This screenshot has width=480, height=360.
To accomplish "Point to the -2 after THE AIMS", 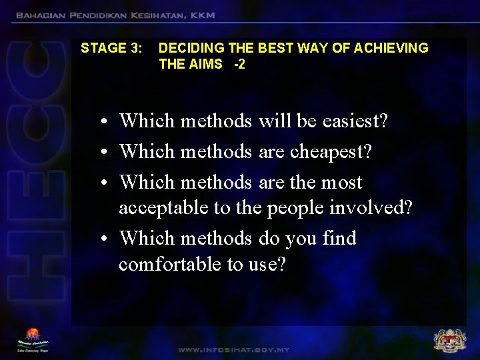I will coord(239,65).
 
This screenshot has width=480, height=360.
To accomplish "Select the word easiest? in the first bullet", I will coord(355,121).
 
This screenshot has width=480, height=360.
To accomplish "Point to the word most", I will coord(341,182).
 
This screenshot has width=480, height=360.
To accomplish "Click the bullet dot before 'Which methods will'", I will coord(105,123).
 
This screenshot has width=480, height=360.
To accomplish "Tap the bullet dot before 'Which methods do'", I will coord(105,239).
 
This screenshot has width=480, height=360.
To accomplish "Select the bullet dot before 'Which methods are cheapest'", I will coord(105,153).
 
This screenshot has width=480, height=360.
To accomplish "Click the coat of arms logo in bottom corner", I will coord(449,340).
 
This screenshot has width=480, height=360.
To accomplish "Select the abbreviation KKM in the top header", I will coord(201,15).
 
